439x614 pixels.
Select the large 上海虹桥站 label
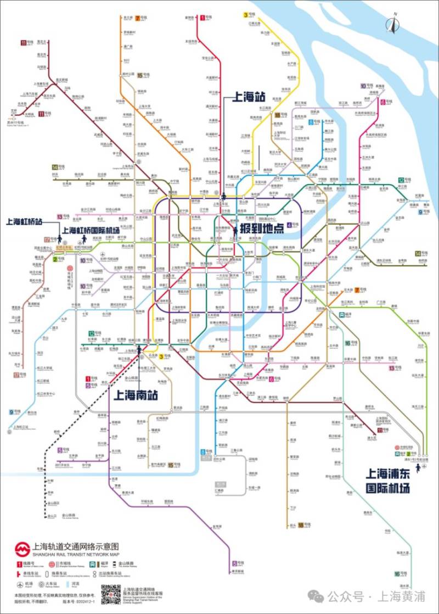[25, 222]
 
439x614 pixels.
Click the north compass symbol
[392, 24]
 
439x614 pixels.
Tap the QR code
[111, 594]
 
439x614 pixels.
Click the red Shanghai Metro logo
[21, 549]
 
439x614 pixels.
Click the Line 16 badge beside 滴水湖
[397, 574]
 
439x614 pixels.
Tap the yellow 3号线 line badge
[246, 15]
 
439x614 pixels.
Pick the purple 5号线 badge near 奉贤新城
[234, 563]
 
